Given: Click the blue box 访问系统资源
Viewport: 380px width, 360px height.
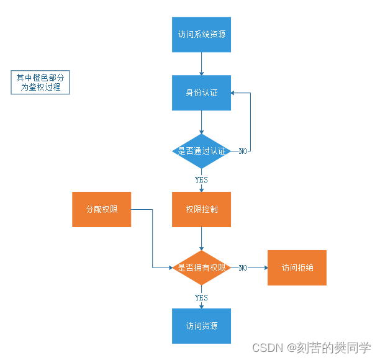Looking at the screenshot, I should point(201,34).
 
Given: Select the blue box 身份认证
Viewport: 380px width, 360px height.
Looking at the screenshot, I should point(201,92).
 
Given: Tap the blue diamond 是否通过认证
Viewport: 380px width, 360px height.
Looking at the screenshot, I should point(201,151).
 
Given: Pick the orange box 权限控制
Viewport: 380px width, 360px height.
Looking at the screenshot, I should point(201,209).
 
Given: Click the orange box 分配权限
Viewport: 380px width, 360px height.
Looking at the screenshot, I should point(101,209).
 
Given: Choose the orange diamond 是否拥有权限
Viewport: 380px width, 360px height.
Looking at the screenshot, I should point(201,268).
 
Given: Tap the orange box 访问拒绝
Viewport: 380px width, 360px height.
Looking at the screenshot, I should point(297,268).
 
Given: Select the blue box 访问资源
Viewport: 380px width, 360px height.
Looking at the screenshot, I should point(201,326).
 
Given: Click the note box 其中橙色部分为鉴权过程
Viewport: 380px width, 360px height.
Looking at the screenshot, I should point(42,83).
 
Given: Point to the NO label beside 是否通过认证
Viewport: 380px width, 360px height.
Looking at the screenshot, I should point(243,151).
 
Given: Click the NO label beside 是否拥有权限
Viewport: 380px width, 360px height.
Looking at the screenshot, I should point(243,268).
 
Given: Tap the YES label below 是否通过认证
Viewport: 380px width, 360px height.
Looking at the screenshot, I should point(201,179).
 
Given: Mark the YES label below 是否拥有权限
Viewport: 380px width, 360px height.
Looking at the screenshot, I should point(201,297).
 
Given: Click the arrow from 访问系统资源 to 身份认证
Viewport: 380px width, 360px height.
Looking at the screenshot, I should point(201,63).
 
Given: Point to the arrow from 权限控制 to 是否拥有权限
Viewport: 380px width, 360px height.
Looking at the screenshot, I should point(201,238).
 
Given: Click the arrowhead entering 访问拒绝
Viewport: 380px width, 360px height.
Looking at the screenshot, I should point(265,268).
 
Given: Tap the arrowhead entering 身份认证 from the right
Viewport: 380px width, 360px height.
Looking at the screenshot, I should point(233,93).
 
